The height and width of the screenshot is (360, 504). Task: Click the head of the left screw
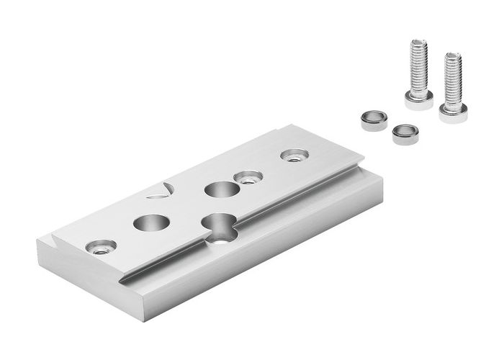click(x=418, y=100)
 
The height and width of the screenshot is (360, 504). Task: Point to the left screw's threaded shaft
click(x=418, y=68)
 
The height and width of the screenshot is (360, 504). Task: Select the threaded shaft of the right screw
click(x=453, y=79)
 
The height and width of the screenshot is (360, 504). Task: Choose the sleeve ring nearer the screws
click(x=405, y=134)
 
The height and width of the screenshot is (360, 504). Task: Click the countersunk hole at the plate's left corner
click(x=99, y=247)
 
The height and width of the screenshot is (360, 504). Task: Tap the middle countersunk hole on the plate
click(x=248, y=177)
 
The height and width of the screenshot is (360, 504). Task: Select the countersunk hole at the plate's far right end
click(x=294, y=155)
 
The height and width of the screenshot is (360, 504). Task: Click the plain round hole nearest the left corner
click(x=149, y=222)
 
